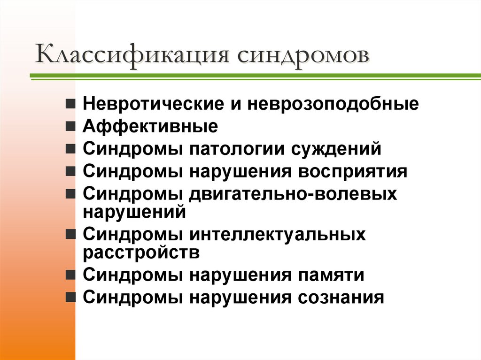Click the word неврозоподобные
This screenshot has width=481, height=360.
coord(334,103)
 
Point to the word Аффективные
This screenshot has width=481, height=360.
coord(150,126)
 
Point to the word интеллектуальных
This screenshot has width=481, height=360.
coord(278,234)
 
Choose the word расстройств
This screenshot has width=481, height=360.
coord(141,252)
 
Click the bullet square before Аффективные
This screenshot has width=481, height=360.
coord(70,126)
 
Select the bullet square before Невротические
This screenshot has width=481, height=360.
coord(70,103)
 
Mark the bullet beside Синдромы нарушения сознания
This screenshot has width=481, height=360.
coord(70,298)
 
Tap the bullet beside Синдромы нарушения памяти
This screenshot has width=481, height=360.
coord(70,275)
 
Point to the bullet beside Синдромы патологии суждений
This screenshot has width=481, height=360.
coord(70,149)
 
